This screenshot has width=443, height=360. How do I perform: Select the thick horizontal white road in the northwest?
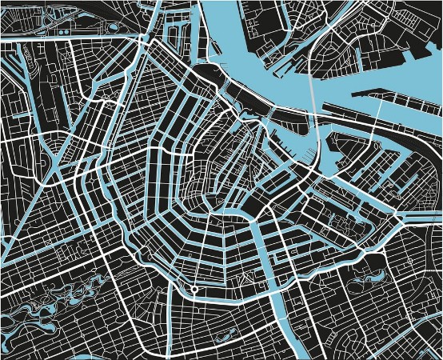(x=64, y=37)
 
